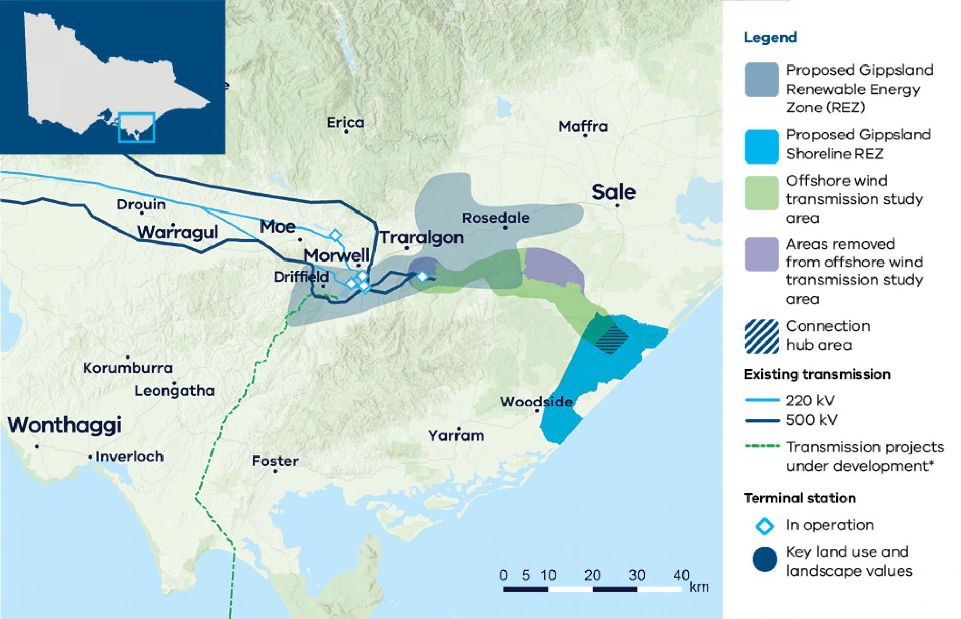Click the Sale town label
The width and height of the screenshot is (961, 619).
[613, 192]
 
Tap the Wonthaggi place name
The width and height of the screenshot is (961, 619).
[64, 425]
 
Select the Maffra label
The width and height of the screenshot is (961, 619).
[583, 126]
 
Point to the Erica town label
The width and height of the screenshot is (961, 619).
[345, 123]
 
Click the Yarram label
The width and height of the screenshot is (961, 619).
[456, 436]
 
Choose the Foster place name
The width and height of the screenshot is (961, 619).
[275, 461]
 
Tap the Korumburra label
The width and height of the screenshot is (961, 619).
[127, 368]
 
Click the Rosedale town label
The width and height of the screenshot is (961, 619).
[495, 218]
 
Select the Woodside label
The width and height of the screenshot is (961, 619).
[536, 402]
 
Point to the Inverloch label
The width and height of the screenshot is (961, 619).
[129, 457]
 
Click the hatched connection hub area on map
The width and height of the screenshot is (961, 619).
[612, 338]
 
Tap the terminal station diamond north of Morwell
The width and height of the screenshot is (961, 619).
[335, 236]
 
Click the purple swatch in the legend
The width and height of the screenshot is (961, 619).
[761, 254]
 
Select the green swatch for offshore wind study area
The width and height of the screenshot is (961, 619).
[761, 193]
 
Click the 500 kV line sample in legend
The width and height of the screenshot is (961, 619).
[762, 420]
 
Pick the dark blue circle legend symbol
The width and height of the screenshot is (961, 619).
[764, 560]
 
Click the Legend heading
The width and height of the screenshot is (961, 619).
[770, 38]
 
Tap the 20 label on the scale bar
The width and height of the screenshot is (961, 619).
[592, 575]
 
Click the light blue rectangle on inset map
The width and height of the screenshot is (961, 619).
[136, 127]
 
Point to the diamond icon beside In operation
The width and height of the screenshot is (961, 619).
[764, 526]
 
